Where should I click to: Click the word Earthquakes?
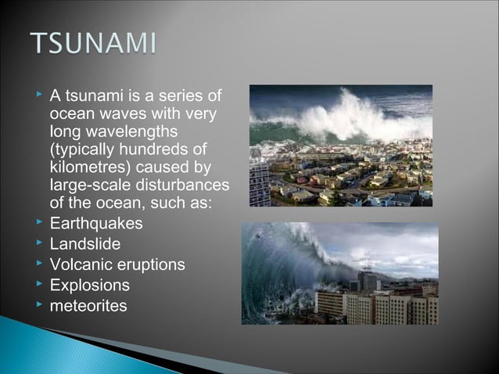tap(96, 224)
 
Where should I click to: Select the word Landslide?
tap(85, 244)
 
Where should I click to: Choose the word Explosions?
tap(90, 285)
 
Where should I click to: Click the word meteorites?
tap(88, 305)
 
